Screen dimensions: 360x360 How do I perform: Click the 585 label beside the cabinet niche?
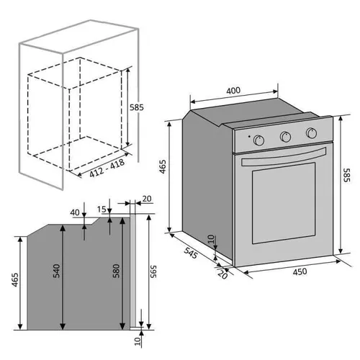[137, 107]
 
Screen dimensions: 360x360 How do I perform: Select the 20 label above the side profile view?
[147, 199]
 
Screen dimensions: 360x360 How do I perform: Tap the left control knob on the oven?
[261, 138]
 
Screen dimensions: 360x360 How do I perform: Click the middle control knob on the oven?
[285, 135]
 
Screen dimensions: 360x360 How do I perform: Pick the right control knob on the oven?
[311, 132]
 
